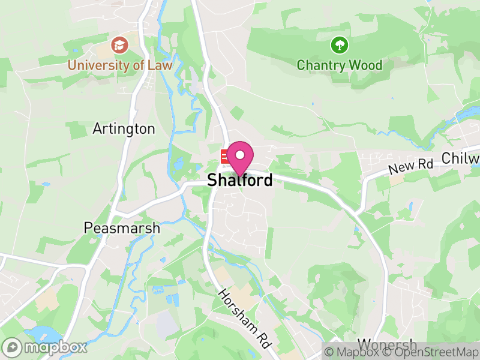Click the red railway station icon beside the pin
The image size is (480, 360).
pyautogui.click(x=225, y=157)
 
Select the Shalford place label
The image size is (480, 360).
pyautogui.click(x=240, y=180)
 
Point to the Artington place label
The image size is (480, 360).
pyautogui.click(x=124, y=129)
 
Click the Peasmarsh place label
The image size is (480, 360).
pyautogui.click(x=122, y=229)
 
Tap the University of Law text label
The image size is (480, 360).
pyautogui.click(x=120, y=65)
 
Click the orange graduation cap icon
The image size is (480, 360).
pyautogui.click(x=119, y=44)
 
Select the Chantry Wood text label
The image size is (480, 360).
pyautogui.click(x=340, y=64)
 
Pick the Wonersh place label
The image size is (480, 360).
pyautogui.click(x=386, y=344)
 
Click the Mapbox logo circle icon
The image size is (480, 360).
pyautogui.click(x=12, y=347)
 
